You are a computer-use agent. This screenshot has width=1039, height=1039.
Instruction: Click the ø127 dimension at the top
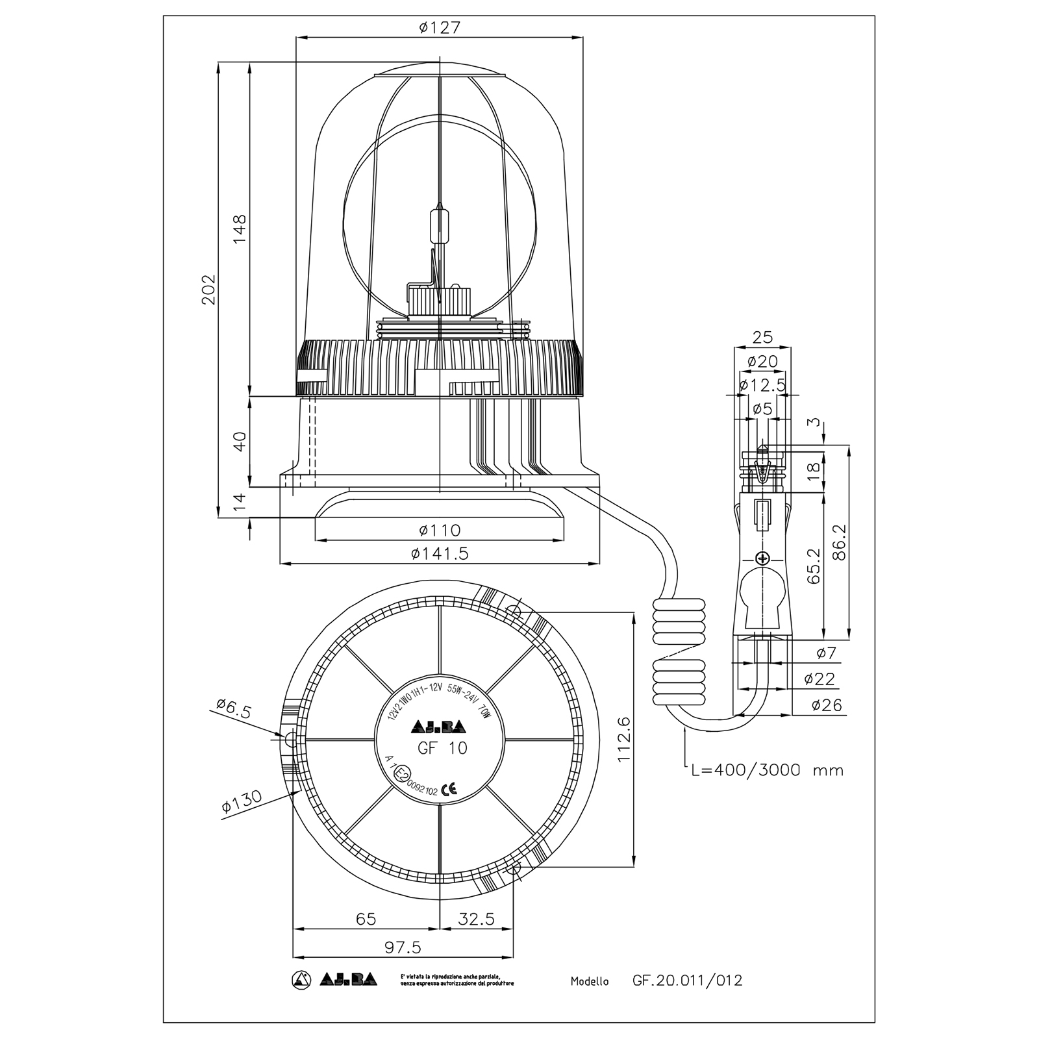click(x=439, y=27)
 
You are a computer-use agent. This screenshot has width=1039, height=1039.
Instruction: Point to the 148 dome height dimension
click(x=240, y=229)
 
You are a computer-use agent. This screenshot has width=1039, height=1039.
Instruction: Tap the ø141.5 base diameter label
click(x=439, y=553)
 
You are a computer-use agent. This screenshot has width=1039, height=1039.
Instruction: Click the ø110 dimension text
click(x=439, y=531)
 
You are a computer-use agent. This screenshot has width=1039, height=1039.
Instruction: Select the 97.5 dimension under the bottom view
click(x=403, y=947)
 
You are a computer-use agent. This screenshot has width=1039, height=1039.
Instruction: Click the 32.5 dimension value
click(x=476, y=919)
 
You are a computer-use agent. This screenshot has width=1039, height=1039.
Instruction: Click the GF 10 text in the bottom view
click(x=442, y=748)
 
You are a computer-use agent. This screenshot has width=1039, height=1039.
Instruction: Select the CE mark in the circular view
click(x=449, y=790)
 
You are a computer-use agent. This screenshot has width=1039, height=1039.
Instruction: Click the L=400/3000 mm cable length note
click(x=767, y=770)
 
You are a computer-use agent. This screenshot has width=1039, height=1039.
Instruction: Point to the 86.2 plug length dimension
click(x=839, y=542)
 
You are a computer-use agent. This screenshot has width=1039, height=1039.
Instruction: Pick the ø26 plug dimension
click(x=827, y=705)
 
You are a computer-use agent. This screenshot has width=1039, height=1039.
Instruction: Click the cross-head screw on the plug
click(x=763, y=558)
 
